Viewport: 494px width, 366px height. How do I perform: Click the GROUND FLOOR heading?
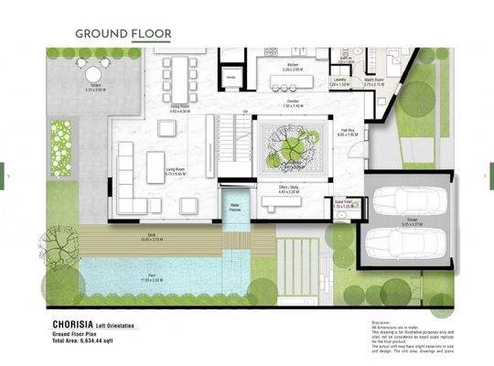123,34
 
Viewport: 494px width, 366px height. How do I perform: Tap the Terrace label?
96,86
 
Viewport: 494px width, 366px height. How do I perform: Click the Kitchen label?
292,65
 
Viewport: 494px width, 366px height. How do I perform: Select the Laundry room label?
339,80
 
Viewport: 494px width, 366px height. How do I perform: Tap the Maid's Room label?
373,80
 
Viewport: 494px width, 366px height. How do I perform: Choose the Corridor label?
293,102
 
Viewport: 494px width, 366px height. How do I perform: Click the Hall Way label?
349,132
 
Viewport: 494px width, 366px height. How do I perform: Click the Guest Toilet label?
342,203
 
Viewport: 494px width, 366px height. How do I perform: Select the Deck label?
151,235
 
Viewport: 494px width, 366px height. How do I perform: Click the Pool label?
150,278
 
